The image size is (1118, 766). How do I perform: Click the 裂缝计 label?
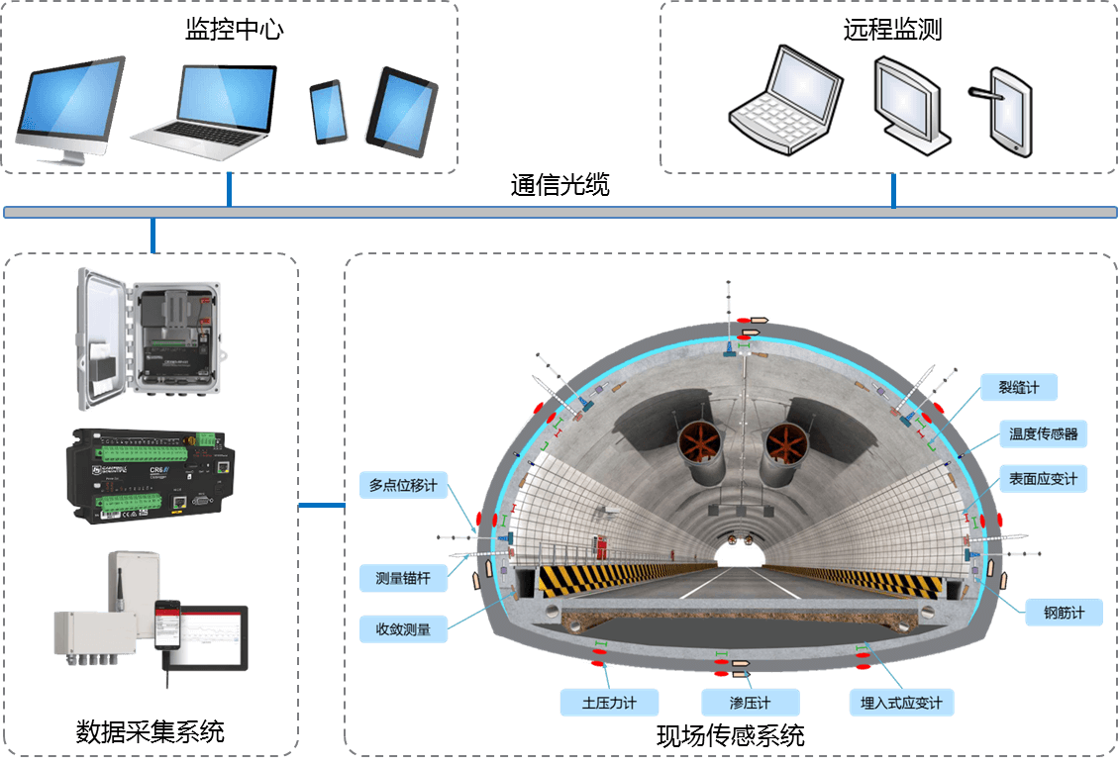(1018, 387)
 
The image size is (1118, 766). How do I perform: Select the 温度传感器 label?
(1043, 433)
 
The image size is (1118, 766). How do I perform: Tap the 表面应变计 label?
(1043, 479)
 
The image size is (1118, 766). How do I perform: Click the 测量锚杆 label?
(403, 579)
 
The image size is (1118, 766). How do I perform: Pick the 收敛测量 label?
(403, 627)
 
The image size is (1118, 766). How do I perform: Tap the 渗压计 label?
(736, 703)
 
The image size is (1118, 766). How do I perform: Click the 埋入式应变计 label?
(901, 703)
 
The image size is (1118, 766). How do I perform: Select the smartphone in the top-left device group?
(329, 111)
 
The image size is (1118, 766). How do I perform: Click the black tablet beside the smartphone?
(401, 110)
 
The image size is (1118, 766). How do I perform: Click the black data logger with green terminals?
(152, 475)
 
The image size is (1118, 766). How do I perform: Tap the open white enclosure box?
(151, 338)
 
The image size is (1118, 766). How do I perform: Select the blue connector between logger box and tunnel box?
(321, 507)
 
